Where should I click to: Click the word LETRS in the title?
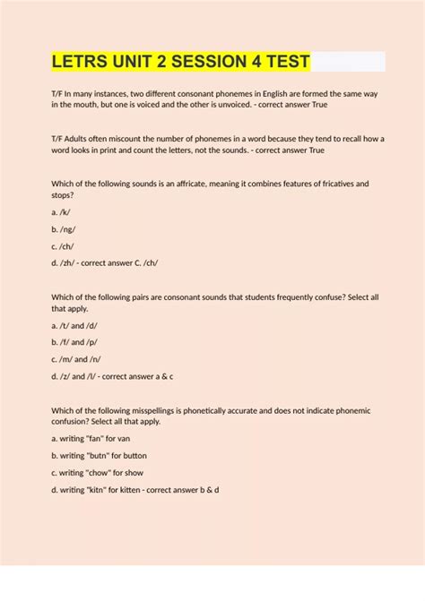point(82,62)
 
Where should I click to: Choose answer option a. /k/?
point(62,211)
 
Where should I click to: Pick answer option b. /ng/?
point(65,228)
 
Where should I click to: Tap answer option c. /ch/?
point(65,245)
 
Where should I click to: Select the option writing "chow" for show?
point(98,473)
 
